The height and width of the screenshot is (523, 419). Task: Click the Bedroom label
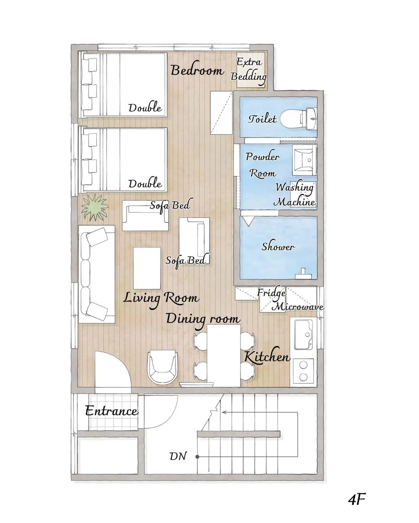click(197, 70)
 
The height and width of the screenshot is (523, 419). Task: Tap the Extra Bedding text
click(249, 69)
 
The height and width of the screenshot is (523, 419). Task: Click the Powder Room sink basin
click(304, 160)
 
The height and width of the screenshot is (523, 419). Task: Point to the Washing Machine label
click(294, 195)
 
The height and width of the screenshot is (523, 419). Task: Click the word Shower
click(278, 247)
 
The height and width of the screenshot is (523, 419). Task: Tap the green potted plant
click(94, 208)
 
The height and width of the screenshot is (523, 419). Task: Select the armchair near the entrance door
click(163, 366)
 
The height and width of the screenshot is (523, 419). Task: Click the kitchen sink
click(303, 334)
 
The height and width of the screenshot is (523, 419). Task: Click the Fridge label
click(271, 293)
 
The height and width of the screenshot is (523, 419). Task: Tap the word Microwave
click(297, 307)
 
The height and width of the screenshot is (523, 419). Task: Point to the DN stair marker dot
click(197, 457)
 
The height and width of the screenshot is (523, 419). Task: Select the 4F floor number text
click(357, 499)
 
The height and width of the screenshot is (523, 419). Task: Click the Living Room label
click(161, 298)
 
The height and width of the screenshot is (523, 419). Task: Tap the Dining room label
click(203, 319)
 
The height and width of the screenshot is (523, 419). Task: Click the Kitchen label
click(267, 357)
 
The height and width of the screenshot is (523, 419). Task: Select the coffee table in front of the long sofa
click(147, 268)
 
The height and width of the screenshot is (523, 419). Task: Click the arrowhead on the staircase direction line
click(223, 412)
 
